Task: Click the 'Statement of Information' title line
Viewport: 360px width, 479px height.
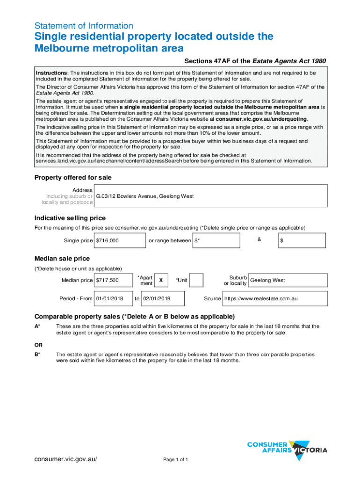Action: (84, 26)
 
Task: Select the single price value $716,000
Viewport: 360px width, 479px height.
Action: (120, 240)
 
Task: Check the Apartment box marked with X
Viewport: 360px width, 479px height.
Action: (161, 280)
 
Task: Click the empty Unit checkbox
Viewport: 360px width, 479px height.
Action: (196, 280)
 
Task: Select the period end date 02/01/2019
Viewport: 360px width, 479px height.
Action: (162, 298)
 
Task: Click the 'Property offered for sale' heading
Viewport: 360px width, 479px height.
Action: (73, 178)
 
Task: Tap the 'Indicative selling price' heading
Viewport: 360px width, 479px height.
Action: (70, 218)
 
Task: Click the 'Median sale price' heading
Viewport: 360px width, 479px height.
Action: (62, 259)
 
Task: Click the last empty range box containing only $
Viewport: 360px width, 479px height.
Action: (301, 240)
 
